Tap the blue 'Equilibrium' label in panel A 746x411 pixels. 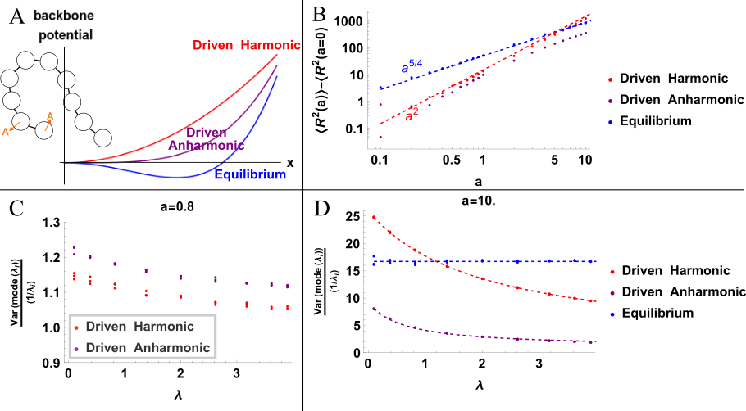click(x=250, y=174)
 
